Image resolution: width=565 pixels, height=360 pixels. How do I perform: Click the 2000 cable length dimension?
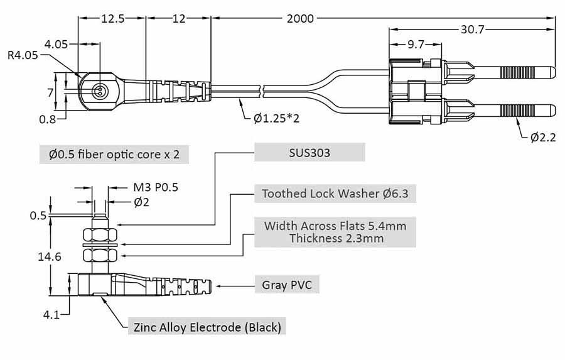(x=300, y=19)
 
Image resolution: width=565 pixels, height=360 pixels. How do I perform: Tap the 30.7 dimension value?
(x=472, y=30)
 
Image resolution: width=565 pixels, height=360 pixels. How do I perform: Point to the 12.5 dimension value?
(x=112, y=19)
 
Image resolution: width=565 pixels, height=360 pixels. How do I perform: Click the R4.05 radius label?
(x=23, y=55)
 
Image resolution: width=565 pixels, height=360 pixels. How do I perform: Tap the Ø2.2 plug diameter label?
(x=543, y=138)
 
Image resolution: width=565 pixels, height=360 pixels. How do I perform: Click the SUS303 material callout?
(x=309, y=153)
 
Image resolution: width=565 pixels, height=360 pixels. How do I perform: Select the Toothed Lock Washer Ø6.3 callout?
(x=335, y=194)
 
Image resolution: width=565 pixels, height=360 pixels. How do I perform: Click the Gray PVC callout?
(x=286, y=285)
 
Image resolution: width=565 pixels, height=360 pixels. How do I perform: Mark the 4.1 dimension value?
(x=51, y=314)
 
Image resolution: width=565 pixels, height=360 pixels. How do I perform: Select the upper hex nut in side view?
(x=99, y=236)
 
